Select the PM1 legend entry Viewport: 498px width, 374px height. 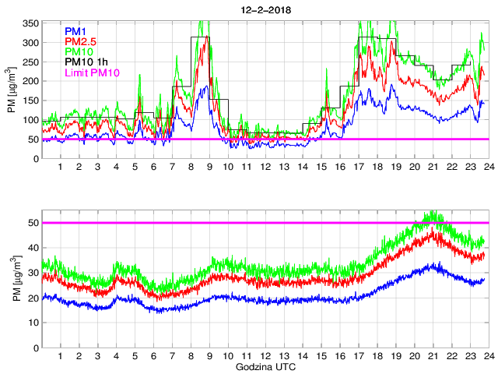coord(75,31)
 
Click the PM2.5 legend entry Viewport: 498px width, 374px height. coord(80,41)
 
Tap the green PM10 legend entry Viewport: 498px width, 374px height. coord(79,51)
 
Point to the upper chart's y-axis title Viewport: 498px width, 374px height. coord(11,91)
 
